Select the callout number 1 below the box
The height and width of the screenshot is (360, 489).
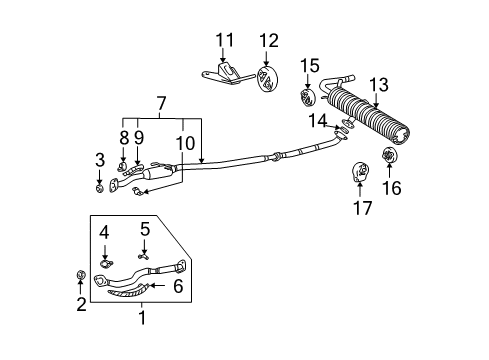tap(141, 319)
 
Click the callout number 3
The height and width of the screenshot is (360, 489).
tap(99, 159)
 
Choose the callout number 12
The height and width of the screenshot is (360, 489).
tap(268, 40)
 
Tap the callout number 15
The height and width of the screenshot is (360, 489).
tap(310, 66)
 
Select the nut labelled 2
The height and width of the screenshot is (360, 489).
tap(80, 276)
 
